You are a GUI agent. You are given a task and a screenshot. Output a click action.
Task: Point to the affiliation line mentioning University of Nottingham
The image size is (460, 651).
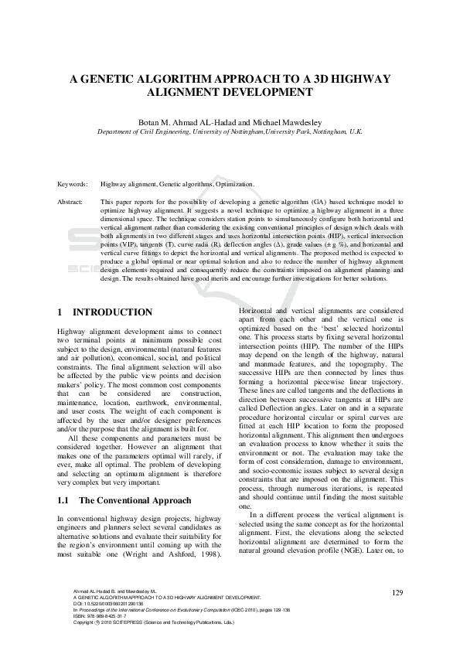[x=230, y=132]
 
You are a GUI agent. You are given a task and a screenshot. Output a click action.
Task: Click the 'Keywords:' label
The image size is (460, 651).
[x=73, y=185]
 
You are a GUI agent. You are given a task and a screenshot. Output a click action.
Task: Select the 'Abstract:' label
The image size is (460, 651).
[x=71, y=201]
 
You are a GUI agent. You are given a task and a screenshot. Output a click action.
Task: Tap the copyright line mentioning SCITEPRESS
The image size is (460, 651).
[x=147, y=644]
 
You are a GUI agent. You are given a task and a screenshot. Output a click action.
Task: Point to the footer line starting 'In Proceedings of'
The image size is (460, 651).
[x=170, y=632]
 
